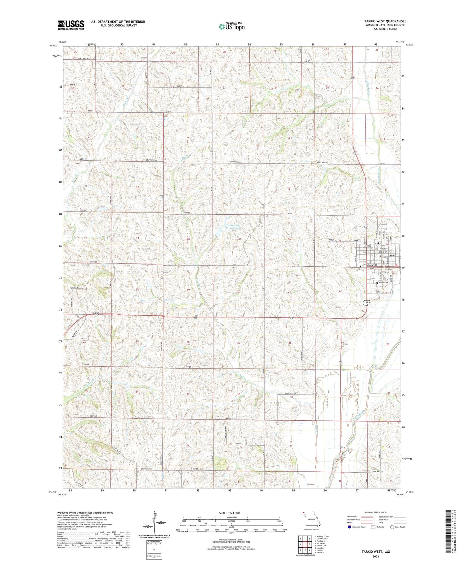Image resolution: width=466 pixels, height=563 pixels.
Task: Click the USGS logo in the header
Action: tap(71, 25)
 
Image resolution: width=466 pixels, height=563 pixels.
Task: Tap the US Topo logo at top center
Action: tap(232, 26)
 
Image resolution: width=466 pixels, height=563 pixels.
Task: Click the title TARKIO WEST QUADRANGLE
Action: tap(385, 21)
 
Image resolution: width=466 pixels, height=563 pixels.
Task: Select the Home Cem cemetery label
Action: tap(383, 282)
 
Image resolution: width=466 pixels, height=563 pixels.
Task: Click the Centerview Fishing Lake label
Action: tap(233, 227)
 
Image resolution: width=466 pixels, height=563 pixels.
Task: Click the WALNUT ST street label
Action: tap(372, 265)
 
